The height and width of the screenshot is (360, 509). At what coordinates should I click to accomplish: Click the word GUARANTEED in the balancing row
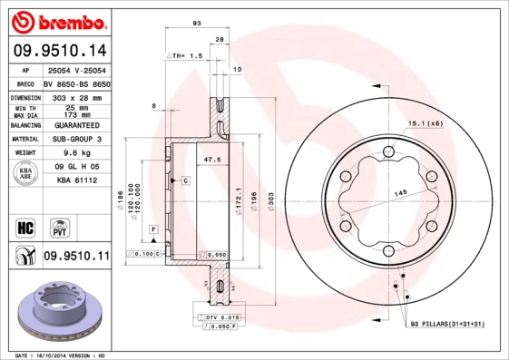coord(74,125)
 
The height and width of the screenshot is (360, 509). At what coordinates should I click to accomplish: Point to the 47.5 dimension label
coord(213,160)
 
